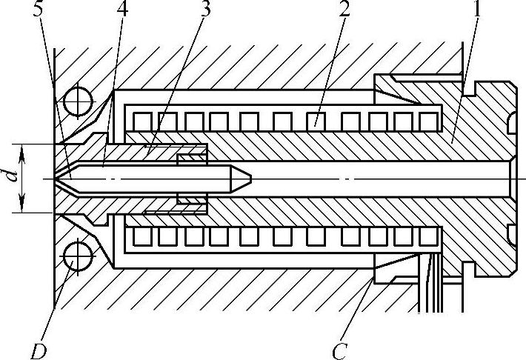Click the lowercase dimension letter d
coord(8,179)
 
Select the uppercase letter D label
coord(36,349)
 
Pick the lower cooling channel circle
coord(77,258)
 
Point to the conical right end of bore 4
coord(244,179)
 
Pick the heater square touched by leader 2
coord(316,119)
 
